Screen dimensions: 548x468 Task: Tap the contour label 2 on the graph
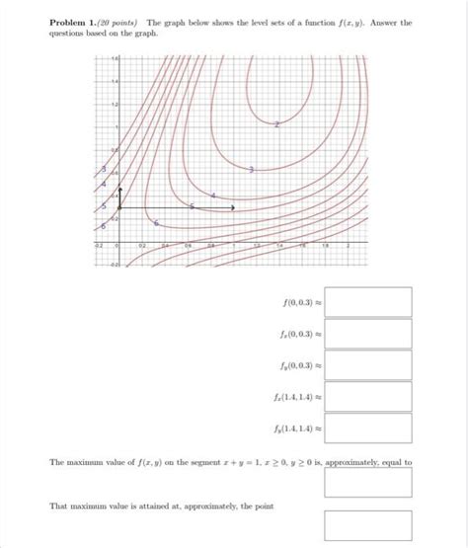pos(276,124)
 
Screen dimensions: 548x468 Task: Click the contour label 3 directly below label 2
pos(251,171)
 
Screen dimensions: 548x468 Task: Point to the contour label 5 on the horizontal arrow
pos(193,206)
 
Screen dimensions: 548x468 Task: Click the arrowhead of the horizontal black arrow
pos(233,207)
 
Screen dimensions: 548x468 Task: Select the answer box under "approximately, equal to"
pos(367,483)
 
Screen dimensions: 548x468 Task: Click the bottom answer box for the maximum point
pos(367,524)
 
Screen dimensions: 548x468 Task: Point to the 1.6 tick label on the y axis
pos(113,61)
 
